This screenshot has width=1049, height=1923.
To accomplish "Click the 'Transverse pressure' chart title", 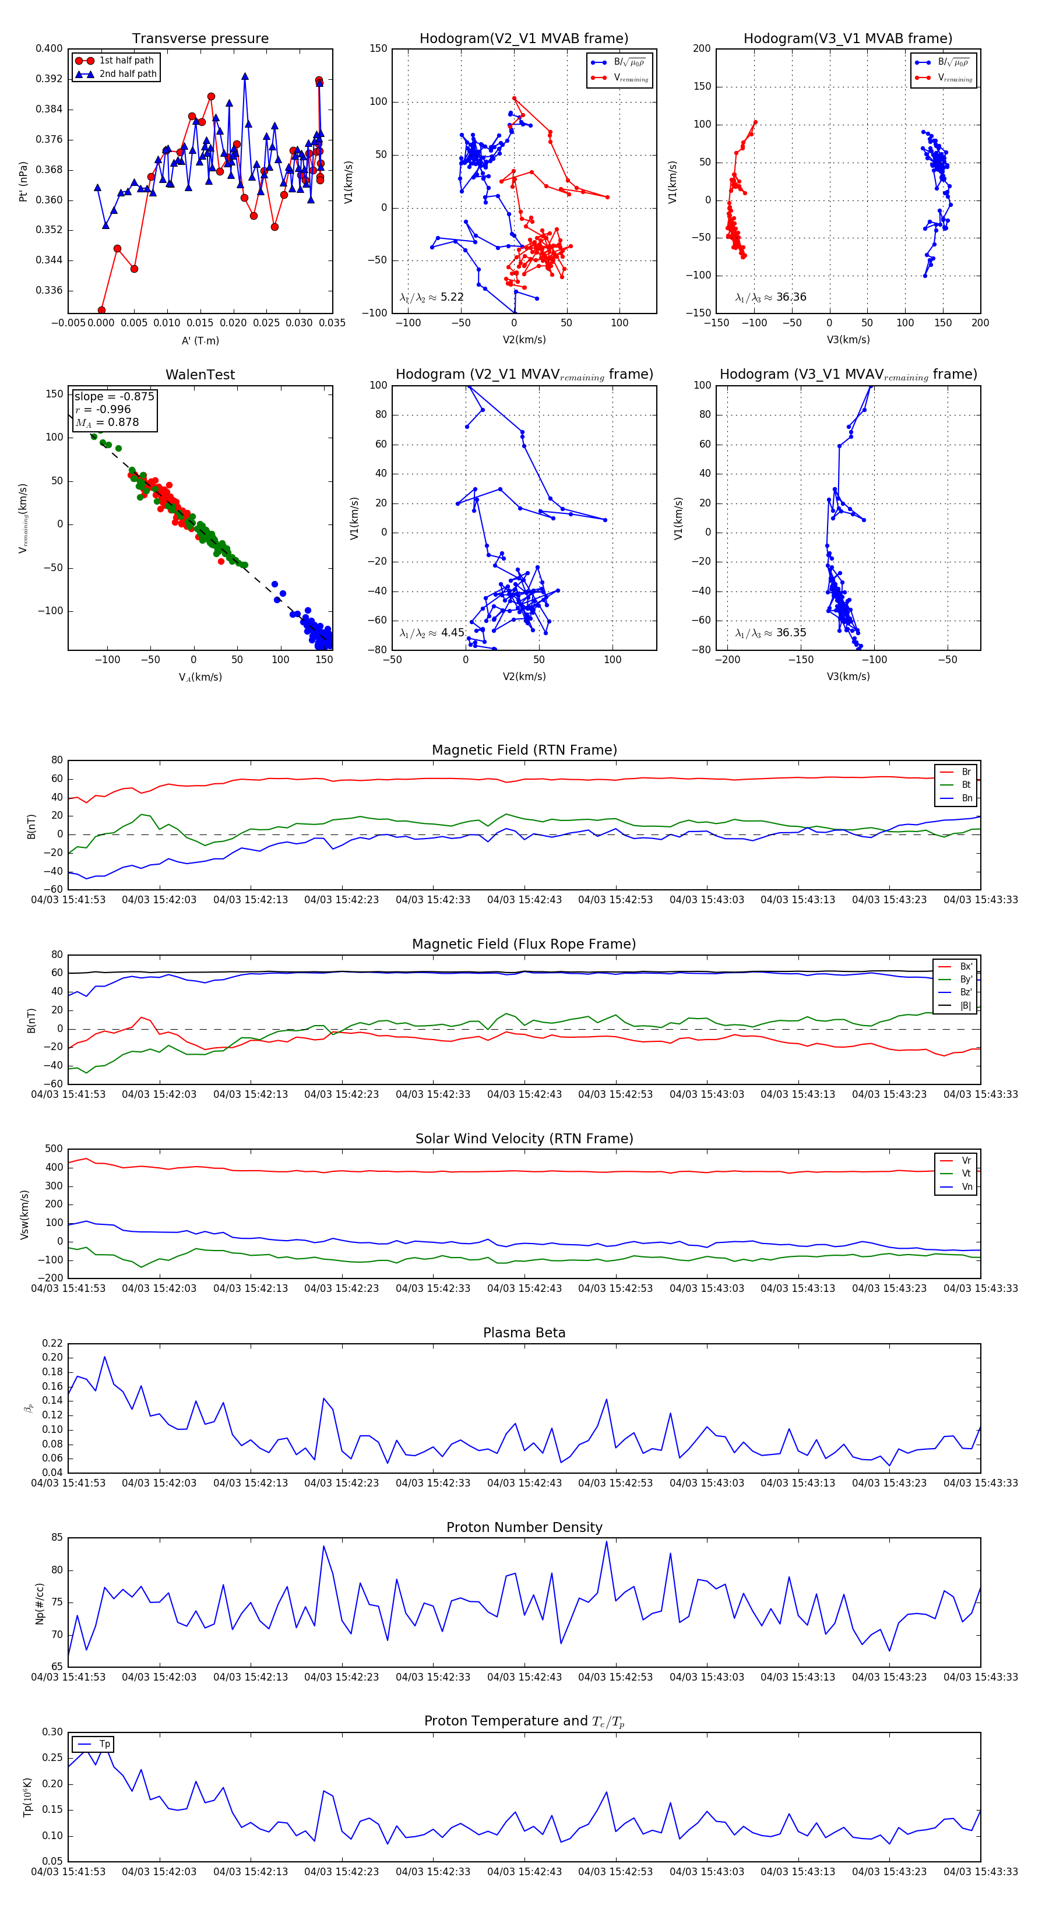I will click(x=200, y=39).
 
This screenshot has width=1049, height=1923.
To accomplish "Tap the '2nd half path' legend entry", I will click(x=128, y=74).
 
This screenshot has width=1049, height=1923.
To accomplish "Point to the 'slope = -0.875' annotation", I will click(x=114, y=396).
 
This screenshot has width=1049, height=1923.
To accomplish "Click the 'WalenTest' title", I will click(x=200, y=375).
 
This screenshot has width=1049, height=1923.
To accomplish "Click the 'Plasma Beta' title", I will click(x=524, y=1333).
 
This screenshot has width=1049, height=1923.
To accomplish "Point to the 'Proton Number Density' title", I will click(x=524, y=1527).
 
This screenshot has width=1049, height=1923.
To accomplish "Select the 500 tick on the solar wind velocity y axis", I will click(x=54, y=1149).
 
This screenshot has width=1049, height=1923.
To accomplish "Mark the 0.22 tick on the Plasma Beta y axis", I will click(x=52, y=1343).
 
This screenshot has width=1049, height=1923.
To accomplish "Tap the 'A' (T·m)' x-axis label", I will click(x=200, y=340).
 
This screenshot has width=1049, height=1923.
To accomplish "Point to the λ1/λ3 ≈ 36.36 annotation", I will click(x=770, y=297).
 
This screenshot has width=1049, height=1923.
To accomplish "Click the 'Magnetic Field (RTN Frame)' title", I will click(x=524, y=750).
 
